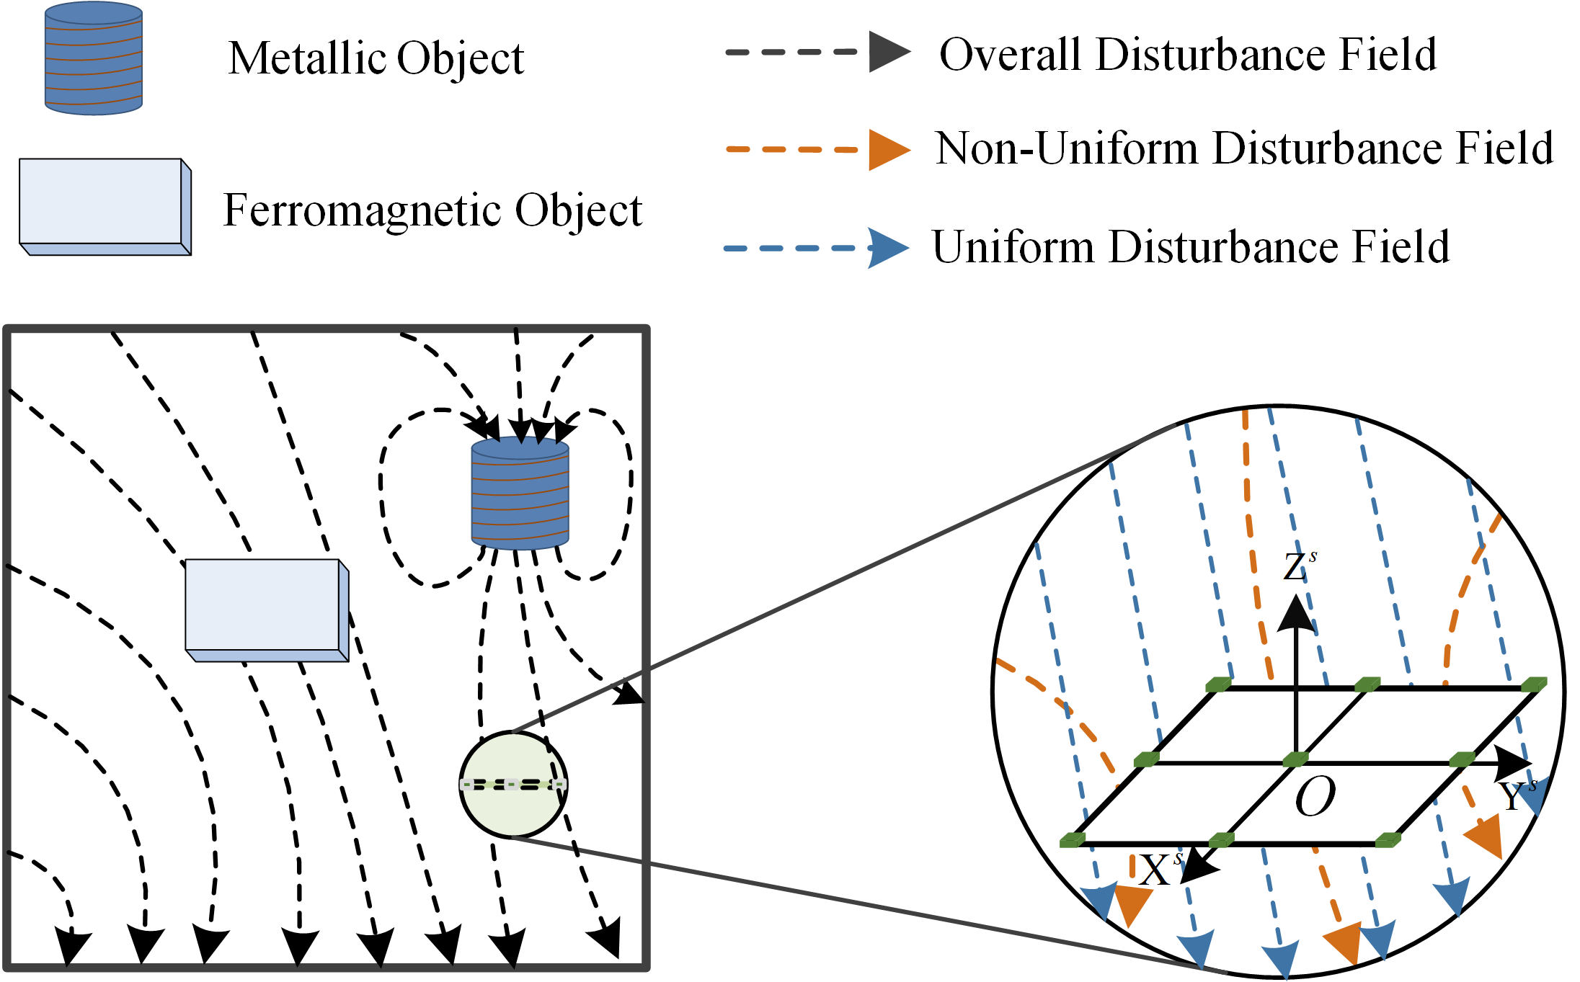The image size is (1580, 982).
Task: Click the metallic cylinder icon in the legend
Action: [x=94, y=59]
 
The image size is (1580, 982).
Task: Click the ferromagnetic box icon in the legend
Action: [x=105, y=206]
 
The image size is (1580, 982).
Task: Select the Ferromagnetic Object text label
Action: [x=432, y=210]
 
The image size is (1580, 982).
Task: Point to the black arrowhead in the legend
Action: [x=888, y=52]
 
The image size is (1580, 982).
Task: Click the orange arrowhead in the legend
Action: [x=888, y=150]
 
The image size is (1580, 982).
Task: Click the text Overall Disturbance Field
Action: [x=1188, y=55]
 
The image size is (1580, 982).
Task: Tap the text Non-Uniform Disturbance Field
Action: [x=1244, y=148]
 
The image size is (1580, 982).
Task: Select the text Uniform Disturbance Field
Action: [x=1191, y=247]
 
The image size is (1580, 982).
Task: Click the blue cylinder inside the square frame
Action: [x=520, y=493]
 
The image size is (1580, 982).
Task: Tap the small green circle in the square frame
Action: [x=513, y=785]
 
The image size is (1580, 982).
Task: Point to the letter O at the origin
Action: [x=1315, y=797]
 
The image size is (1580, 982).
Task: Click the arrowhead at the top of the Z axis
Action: [x=1296, y=614]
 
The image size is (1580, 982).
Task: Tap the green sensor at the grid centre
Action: [x=1295, y=759]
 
